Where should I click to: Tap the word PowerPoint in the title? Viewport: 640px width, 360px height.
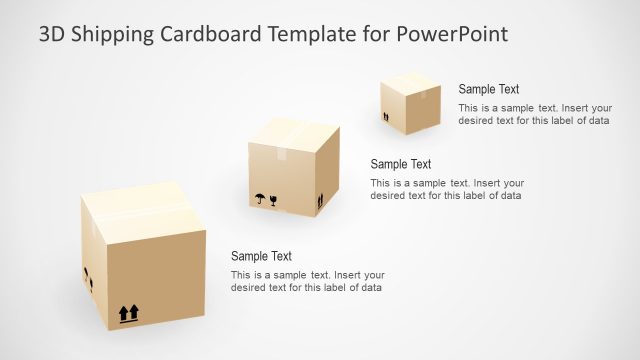pos(453,34)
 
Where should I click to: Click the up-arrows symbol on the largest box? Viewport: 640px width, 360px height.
pos(128,313)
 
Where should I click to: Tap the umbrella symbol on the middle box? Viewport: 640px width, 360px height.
pos(260,198)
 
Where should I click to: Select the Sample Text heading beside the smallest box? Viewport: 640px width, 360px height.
pos(489,89)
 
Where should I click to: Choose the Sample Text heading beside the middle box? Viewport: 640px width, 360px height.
pos(400,164)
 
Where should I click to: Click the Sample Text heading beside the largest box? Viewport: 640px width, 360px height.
pos(261,256)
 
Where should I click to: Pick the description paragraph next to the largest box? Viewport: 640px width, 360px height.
pos(306,281)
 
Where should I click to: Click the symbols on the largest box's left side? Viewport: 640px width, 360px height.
pos(89,279)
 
